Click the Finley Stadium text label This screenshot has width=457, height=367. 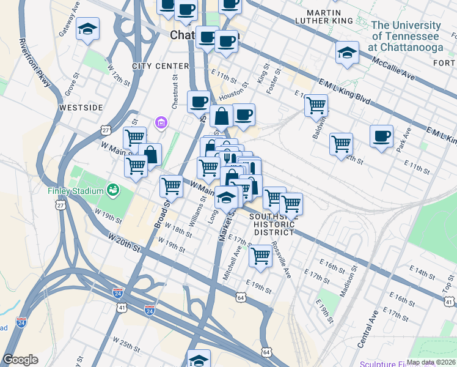[76, 191]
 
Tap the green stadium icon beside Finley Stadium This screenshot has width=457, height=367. [112, 190]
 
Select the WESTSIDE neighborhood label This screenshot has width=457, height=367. [81, 108]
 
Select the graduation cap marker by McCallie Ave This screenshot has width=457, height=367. [347, 52]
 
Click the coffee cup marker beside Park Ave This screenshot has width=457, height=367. [381, 136]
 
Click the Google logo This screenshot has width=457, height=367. [20, 360]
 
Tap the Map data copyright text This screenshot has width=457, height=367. [431, 362]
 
